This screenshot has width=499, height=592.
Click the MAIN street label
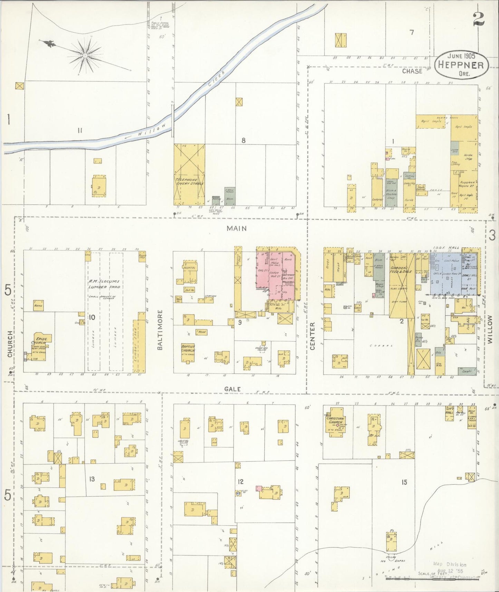[237, 228]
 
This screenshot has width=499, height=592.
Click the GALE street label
[232, 389]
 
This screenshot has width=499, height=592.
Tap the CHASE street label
[412, 71]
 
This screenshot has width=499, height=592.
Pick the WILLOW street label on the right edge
[490, 330]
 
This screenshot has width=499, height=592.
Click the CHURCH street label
[10, 344]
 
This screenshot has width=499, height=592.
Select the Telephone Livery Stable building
[189, 175]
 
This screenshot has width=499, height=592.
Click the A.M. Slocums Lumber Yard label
[104, 284]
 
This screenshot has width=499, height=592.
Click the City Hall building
[449, 413]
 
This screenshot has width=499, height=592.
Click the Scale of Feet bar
[432, 577]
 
